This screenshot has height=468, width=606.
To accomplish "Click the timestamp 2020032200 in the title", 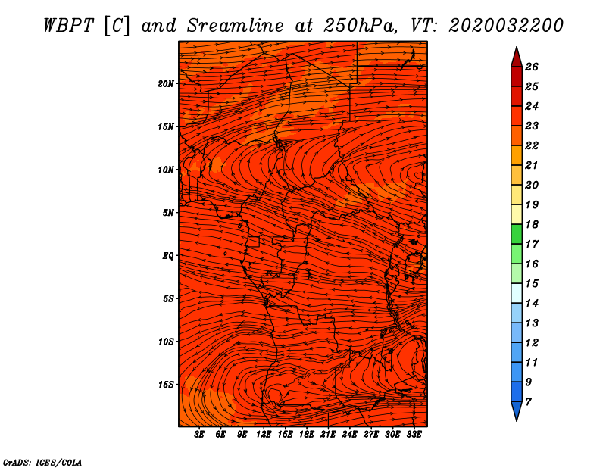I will (x=506, y=25).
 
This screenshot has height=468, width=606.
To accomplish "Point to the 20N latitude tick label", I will (x=166, y=83).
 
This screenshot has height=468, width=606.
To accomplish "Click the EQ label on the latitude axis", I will (x=168, y=256).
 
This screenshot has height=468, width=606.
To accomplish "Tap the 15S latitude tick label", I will (x=166, y=385).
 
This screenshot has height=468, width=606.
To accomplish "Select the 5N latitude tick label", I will (x=168, y=213).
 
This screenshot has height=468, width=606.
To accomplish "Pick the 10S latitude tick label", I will (x=166, y=342).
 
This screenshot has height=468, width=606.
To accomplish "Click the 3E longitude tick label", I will (x=200, y=435).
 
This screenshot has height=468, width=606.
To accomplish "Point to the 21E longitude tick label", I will (x=328, y=435).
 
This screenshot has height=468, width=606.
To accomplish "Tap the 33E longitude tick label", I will (x=414, y=435).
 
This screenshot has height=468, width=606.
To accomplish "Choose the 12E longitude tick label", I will (x=264, y=435).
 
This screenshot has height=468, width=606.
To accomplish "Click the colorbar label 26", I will (x=532, y=67).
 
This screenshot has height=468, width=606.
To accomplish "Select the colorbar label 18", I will (x=532, y=224).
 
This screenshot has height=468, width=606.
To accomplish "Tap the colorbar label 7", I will (x=529, y=401).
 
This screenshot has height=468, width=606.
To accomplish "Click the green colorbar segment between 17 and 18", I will (x=516, y=234).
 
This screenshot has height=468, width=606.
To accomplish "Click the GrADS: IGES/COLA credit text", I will (x=42, y=462).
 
